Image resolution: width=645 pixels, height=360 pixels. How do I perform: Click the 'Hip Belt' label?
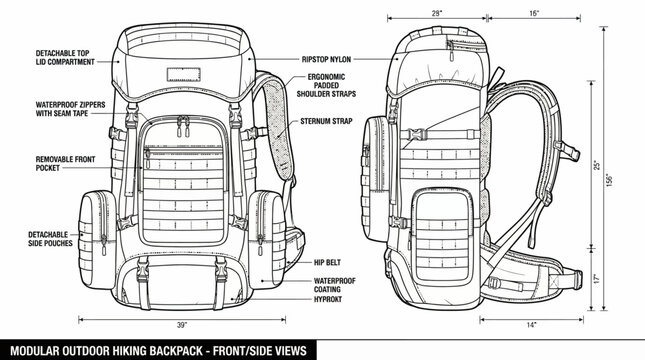[x=329, y=262]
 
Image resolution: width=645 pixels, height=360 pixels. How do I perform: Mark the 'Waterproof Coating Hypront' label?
[x=336, y=288]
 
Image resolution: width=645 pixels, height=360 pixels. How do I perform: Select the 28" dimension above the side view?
[x=437, y=14]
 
